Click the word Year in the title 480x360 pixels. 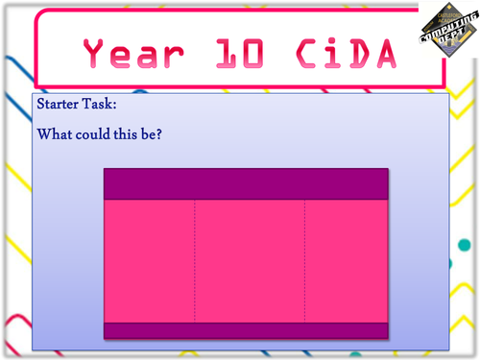(133, 52)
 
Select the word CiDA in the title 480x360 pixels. (338, 52)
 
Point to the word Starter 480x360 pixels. (60, 104)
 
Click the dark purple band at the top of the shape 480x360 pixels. (246, 183)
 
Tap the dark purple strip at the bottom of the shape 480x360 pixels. (246, 330)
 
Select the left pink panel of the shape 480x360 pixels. (149, 260)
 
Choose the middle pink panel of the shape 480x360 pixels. (250, 260)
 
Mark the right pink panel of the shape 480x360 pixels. (347, 260)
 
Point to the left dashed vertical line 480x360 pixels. (195, 260)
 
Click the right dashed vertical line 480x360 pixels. (305, 260)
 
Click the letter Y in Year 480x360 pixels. (96, 52)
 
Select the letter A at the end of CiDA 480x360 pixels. (382, 52)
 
